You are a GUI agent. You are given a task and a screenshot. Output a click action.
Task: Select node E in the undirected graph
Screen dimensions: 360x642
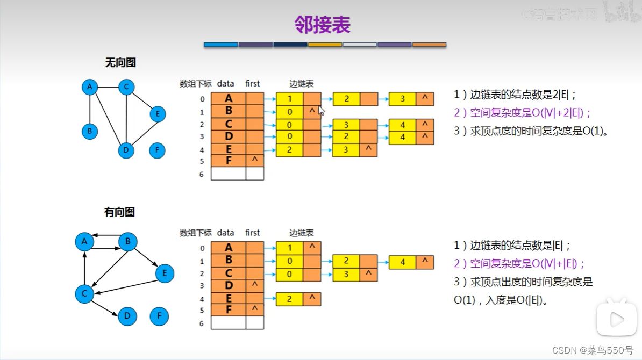(x=157, y=114)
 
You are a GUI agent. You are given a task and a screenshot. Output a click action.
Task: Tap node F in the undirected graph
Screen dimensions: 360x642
(x=157, y=150)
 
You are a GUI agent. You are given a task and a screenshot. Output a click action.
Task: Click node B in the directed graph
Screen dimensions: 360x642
(x=128, y=242)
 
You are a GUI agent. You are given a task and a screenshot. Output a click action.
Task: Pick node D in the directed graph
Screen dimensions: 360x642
(x=127, y=316)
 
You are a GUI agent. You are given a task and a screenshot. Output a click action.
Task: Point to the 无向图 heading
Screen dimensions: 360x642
(x=120, y=63)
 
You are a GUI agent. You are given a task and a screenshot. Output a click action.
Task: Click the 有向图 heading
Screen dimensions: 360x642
(x=119, y=212)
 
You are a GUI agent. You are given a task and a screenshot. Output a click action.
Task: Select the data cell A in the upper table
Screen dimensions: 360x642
(x=229, y=99)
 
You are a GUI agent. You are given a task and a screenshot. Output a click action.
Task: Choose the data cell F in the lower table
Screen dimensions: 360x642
(x=229, y=310)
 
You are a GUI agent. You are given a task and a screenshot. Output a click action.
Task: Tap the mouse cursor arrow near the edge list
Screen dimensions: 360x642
(x=322, y=110)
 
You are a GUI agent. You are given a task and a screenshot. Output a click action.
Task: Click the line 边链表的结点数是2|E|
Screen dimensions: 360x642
(x=515, y=95)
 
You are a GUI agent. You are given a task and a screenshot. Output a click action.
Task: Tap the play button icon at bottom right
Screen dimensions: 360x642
(x=617, y=320)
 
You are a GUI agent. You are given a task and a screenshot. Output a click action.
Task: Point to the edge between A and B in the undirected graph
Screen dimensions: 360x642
(x=90, y=109)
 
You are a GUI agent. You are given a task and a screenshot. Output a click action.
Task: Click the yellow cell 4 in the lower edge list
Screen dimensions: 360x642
(x=402, y=262)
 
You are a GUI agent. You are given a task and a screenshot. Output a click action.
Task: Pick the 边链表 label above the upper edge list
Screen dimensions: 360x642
(x=301, y=84)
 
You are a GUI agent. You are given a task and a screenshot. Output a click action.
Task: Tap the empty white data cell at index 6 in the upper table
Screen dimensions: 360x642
(x=229, y=174)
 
